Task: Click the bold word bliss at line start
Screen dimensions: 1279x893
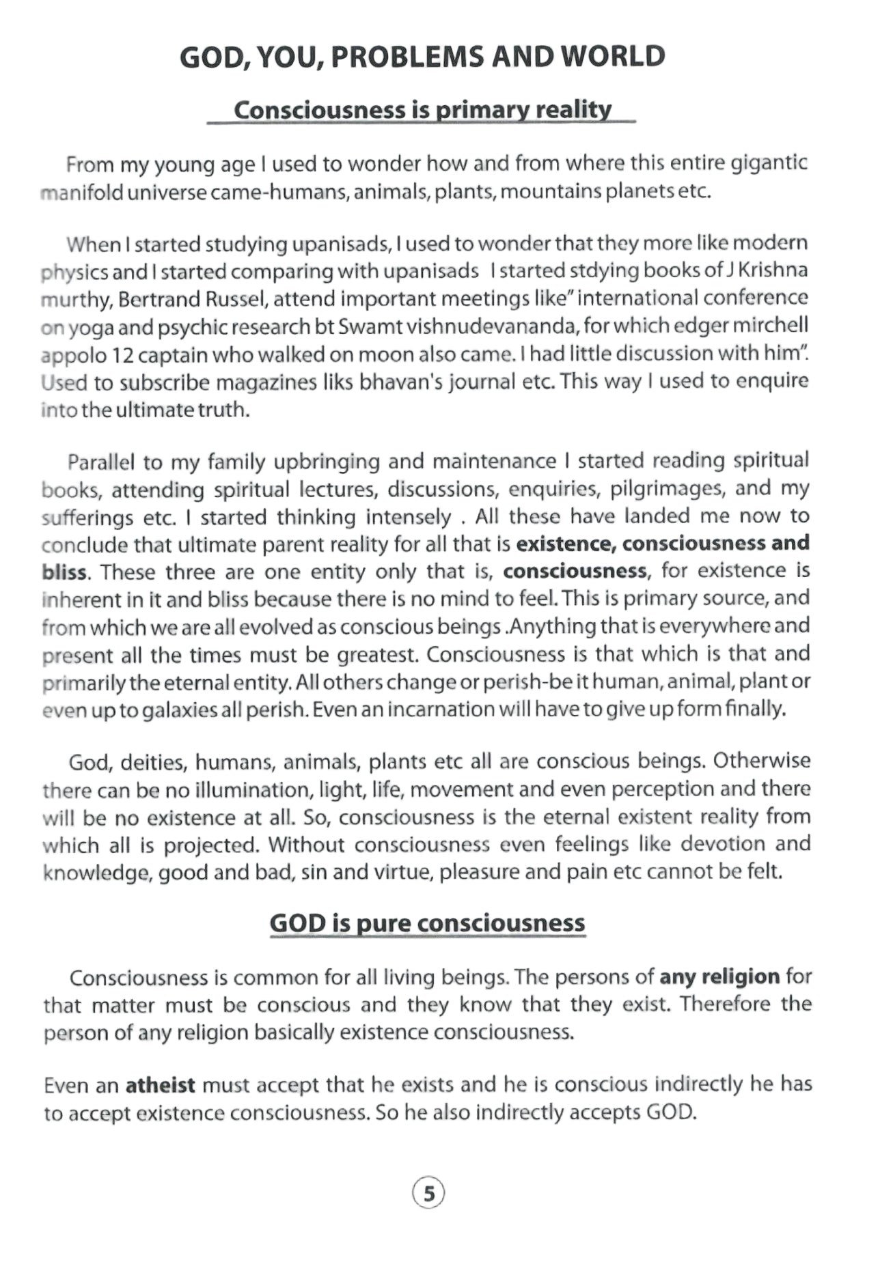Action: pos(64,572)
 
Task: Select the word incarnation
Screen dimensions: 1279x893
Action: pos(440,709)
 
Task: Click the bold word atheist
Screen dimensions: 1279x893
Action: pos(161,1084)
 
